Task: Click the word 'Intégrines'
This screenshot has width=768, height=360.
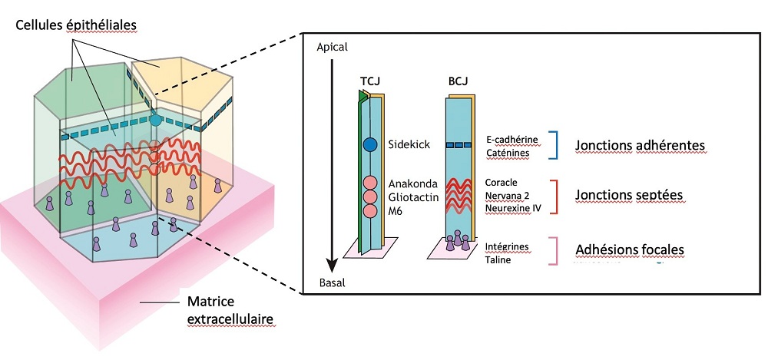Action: coord(508,246)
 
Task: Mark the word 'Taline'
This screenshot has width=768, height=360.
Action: coord(498,259)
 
